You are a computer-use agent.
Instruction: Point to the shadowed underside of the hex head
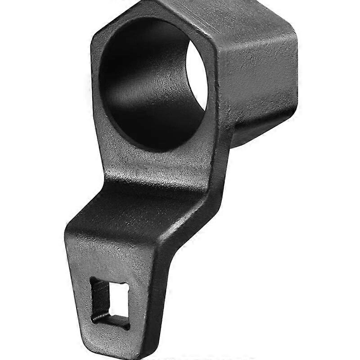click(x=256, y=130)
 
